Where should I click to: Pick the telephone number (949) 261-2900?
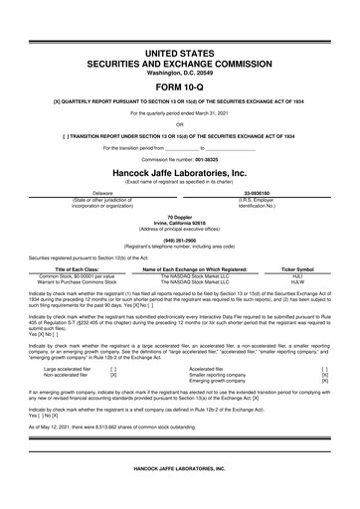point(179,240)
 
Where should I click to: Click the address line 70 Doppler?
point(179,216)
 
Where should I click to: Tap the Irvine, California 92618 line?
point(179,222)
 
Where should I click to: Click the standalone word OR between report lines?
point(179,124)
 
